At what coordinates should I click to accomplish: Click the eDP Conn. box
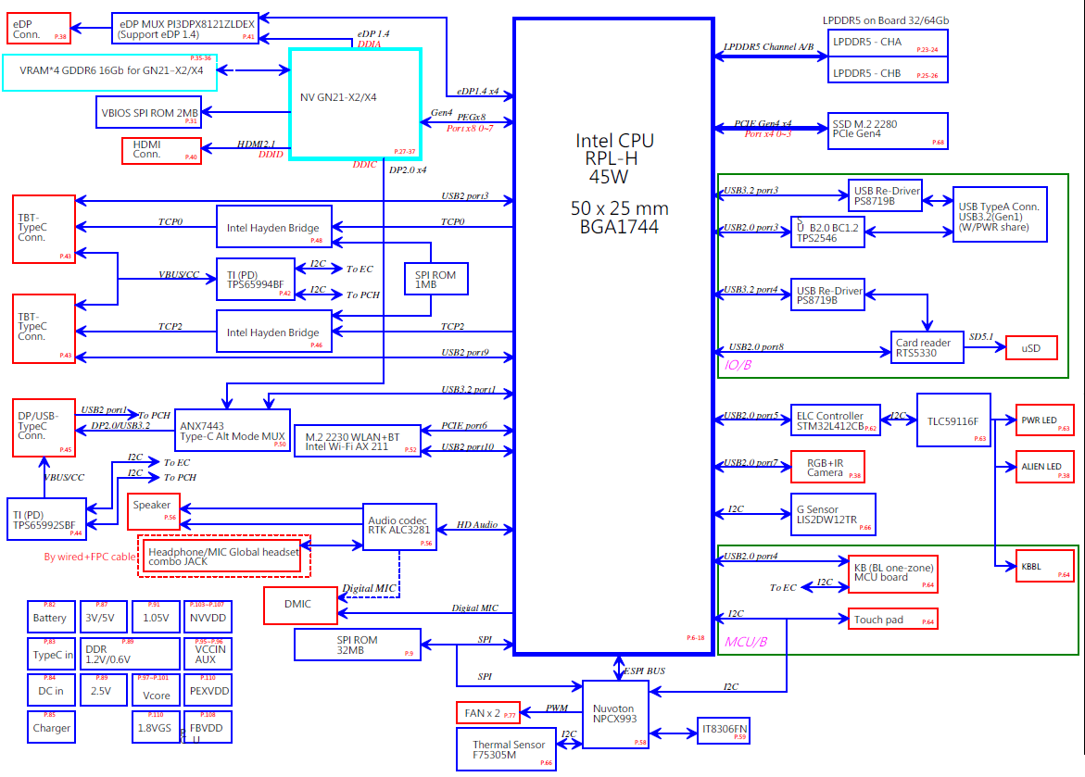(x=39, y=28)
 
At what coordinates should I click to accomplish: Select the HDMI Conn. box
(x=161, y=150)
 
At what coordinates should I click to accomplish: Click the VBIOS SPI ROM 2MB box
(x=151, y=113)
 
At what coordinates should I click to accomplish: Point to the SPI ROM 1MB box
(x=436, y=278)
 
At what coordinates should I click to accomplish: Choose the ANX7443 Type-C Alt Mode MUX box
(x=233, y=430)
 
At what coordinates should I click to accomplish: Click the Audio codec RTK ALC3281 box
(x=399, y=526)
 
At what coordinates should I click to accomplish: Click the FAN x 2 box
(x=488, y=713)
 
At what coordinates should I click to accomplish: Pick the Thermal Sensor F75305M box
(x=508, y=749)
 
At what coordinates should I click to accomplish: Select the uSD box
(x=1031, y=348)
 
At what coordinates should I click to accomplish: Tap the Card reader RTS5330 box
(x=923, y=347)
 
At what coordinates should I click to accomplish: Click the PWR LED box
(x=1044, y=420)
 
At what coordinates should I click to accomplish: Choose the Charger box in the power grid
(x=51, y=727)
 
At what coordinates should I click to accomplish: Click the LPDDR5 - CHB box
(x=887, y=72)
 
